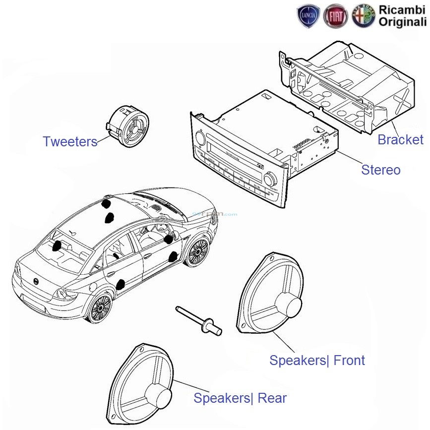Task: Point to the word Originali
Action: [402, 21]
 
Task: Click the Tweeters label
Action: [70, 142]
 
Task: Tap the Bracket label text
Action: [400, 140]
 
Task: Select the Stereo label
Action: [380, 170]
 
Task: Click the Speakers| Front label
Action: [317, 361]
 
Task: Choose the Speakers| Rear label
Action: [240, 398]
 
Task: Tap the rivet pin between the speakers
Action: [199, 320]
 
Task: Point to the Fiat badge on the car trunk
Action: [37, 281]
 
